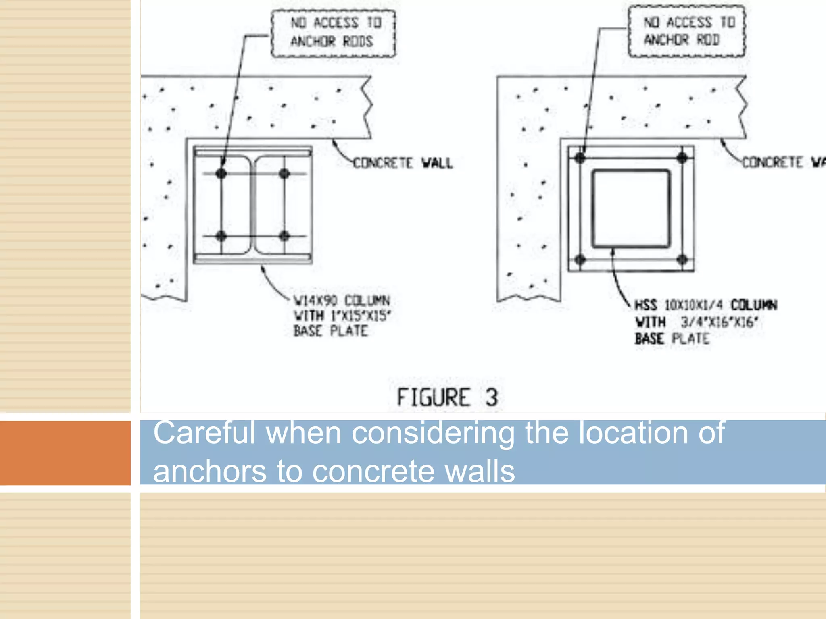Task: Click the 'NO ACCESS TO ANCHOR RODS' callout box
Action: tap(333, 33)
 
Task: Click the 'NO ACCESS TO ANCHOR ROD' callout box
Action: tap(687, 31)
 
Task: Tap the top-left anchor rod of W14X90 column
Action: tap(221, 173)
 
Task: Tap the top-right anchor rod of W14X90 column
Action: tap(284, 173)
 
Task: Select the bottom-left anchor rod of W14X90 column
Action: tap(221, 236)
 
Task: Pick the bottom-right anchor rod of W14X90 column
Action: tap(284, 236)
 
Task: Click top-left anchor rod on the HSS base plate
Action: tap(580, 158)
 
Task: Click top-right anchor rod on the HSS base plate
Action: tap(682, 158)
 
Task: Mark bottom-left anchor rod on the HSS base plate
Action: tap(580, 260)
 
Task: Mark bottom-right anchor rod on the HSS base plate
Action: tap(682, 260)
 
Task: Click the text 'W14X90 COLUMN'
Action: tap(342, 301)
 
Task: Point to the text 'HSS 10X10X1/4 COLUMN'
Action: tap(705, 305)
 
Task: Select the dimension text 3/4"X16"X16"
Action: tap(719, 322)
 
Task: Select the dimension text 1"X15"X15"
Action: tap(361, 316)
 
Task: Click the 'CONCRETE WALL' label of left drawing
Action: tap(403, 163)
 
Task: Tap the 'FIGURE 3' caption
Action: tap(447, 397)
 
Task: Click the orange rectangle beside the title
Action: tap(65, 453)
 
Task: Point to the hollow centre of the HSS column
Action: tap(631, 208)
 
